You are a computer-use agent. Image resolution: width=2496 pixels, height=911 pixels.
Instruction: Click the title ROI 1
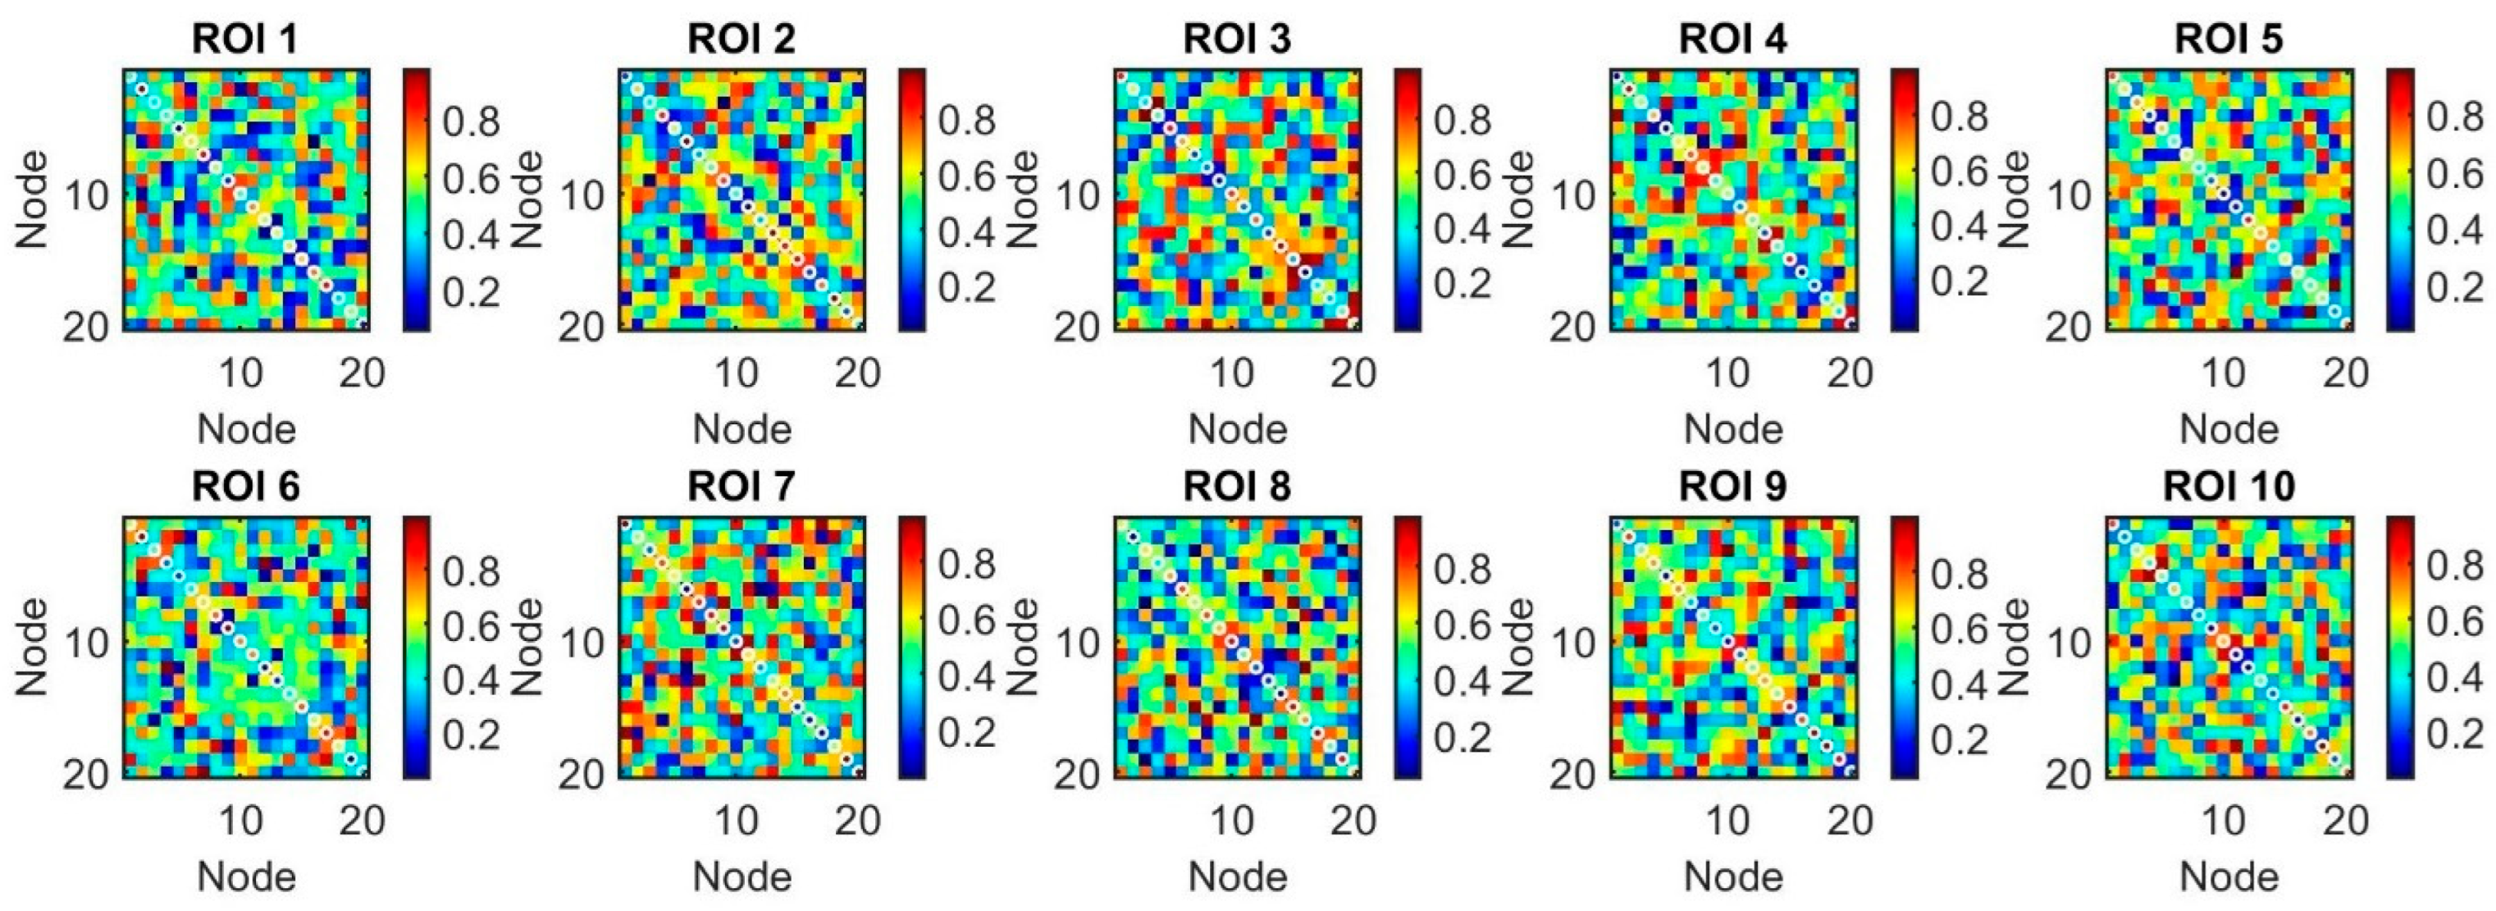245,39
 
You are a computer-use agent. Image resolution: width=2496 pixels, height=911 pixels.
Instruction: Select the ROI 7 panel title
741,486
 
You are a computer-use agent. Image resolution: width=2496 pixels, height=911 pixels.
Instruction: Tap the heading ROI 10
2229,486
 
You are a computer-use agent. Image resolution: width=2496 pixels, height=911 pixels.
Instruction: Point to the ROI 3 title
1238,39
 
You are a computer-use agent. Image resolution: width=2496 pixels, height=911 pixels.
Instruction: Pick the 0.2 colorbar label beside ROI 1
472,291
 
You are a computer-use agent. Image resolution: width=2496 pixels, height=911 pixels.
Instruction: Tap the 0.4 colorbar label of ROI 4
1960,228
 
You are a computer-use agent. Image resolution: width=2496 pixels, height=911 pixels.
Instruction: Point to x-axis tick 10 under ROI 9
1727,821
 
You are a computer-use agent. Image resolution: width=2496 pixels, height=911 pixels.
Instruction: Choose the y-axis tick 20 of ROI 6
87,775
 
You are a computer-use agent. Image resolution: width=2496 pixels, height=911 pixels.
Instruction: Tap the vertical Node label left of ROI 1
32,199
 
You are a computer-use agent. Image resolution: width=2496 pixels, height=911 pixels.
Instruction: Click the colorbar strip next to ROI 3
1408,199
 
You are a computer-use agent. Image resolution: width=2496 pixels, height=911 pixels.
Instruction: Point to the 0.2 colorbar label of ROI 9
1960,739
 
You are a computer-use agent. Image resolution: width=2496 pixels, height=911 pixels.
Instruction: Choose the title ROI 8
1238,486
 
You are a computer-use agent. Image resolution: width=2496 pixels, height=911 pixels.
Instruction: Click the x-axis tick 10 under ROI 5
2224,372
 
